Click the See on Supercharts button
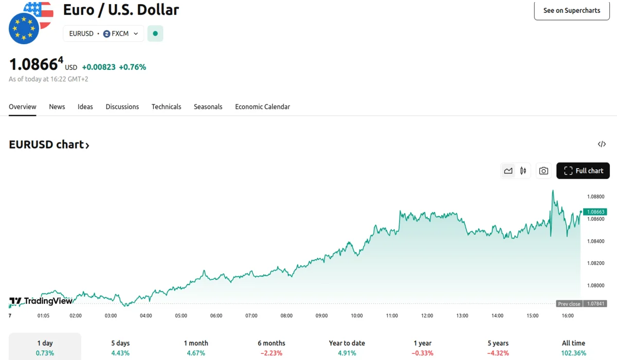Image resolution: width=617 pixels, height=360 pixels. [x=572, y=10]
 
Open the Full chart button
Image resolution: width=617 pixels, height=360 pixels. [x=583, y=171]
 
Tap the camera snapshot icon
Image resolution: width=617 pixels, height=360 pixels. [x=543, y=171]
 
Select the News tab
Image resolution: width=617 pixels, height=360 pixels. [x=57, y=107]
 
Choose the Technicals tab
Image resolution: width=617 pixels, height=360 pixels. [x=166, y=107]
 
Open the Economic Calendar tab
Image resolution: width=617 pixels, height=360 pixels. [x=262, y=107]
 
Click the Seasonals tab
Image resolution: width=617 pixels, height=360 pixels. [x=208, y=107]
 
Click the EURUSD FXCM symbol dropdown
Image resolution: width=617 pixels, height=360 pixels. [x=103, y=33]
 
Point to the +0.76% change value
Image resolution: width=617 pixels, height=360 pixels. [x=132, y=67]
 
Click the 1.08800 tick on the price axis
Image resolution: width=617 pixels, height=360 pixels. [x=595, y=196]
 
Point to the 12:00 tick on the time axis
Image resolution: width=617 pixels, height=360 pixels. [x=427, y=316]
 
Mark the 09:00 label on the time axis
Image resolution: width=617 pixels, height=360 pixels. [x=321, y=316]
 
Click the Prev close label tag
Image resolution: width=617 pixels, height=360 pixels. [x=569, y=304]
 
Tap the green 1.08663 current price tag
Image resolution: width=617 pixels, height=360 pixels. [x=595, y=212]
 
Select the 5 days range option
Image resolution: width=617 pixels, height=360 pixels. [x=120, y=348]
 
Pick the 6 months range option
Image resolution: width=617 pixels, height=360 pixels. [x=271, y=348]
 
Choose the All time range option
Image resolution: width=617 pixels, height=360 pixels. [x=573, y=348]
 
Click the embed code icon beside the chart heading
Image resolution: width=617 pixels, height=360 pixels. [x=602, y=144]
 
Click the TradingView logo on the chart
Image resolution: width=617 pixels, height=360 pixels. [x=41, y=301]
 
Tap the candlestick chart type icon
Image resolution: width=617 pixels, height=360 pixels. [x=523, y=171]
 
